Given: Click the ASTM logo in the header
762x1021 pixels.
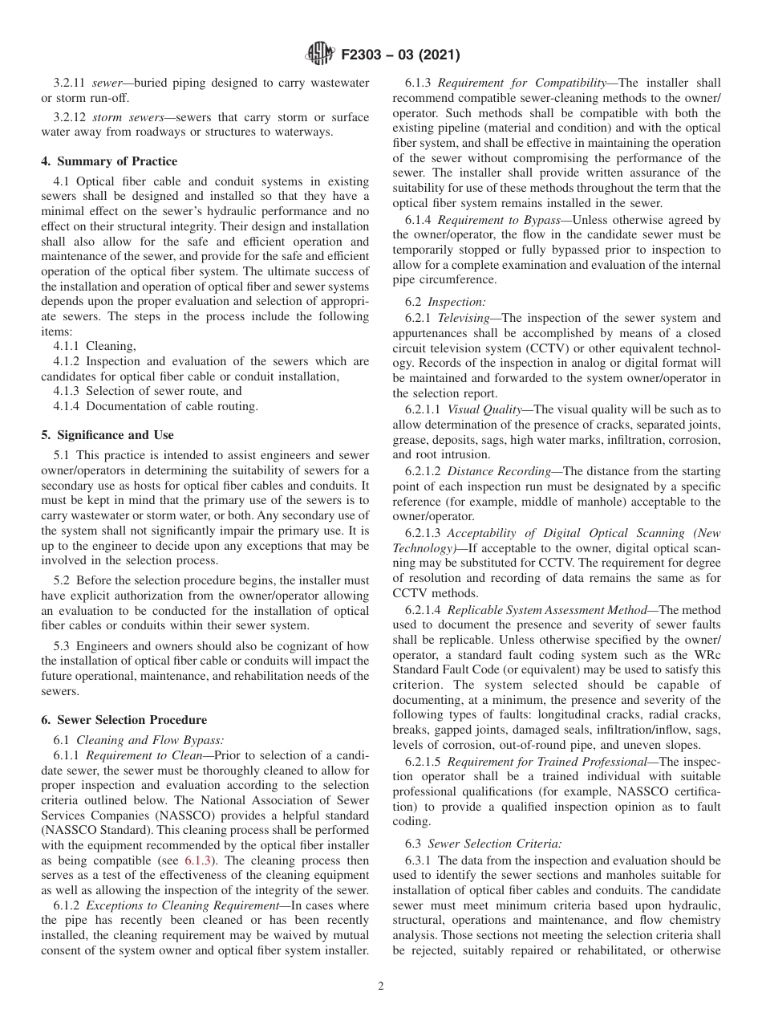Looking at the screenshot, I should (x=321, y=55).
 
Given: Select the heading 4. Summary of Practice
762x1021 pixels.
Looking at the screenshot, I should (x=109, y=161).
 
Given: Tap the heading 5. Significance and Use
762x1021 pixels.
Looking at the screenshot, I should (x=107, y=435).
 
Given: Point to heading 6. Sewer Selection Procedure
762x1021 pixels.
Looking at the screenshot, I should (x=124, y=720).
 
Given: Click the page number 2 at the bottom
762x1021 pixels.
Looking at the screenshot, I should (x=381, y=986).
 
